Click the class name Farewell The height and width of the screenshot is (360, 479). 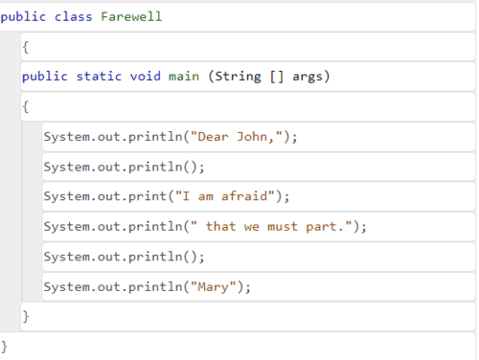click(131, 16)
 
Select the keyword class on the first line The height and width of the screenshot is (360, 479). click(73, 16)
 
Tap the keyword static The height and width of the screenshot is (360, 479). click(99, 77)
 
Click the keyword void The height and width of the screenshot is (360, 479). click(146, 77)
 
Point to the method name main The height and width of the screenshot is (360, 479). click(184, 77)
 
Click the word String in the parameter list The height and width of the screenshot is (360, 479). click(238, 77)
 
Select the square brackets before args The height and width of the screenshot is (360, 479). click(277, 77)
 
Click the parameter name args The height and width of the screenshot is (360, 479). click(308, 78)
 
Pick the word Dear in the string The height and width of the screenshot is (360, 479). click(213, 137)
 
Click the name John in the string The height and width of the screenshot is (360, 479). click(252, 137)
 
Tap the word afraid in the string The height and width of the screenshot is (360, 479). click(244, 196)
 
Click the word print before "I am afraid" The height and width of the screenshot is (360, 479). click(148, 197)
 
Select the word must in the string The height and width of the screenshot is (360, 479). click(283, 227)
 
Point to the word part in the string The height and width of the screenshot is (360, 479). click(321, 228)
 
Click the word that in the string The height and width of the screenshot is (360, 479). click(220, 226)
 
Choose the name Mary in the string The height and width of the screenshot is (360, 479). click(213, 287)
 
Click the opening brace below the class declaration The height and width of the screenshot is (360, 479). click(26, 48)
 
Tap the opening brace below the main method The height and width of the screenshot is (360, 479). click(26, 106)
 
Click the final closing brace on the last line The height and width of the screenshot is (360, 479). click(4, 347)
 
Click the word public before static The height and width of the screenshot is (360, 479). click(45, 77)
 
